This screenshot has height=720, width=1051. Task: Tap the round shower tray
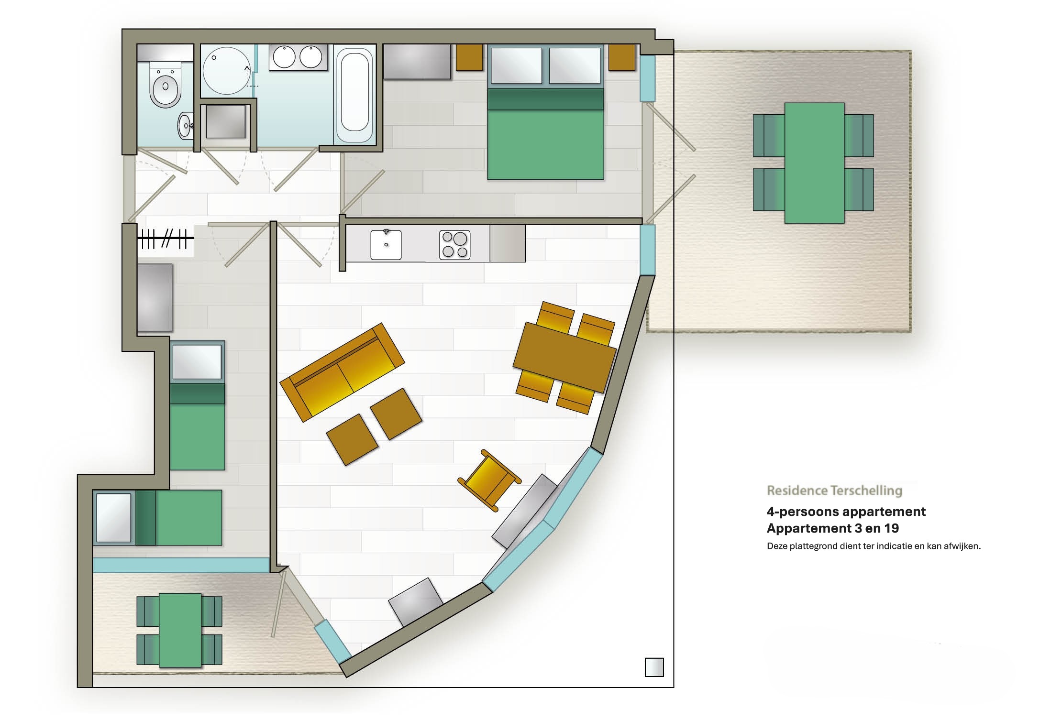226,71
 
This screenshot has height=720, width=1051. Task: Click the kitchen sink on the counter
386,245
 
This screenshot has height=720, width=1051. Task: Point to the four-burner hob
454,245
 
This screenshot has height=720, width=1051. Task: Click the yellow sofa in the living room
342,372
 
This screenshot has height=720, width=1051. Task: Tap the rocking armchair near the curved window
489,480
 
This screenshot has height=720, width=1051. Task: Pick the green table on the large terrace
814,163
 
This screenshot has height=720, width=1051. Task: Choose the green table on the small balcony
180,630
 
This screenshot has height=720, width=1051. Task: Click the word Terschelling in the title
866,491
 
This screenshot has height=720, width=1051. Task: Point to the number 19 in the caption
892,528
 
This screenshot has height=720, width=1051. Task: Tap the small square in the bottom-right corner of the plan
654,667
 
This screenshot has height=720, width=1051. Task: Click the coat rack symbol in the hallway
166,238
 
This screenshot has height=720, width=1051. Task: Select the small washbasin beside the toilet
185,125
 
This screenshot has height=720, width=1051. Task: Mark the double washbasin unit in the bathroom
298,58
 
